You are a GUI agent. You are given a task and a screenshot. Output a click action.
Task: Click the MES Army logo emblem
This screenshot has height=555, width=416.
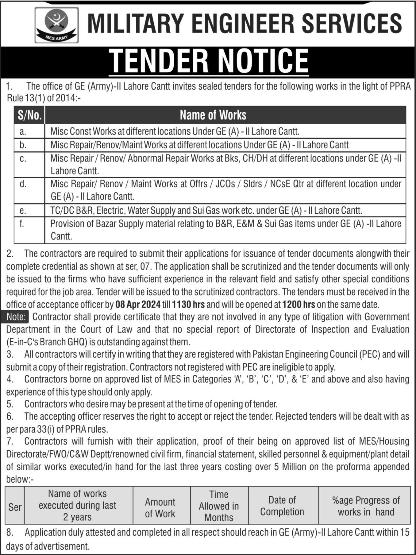click(56, 25)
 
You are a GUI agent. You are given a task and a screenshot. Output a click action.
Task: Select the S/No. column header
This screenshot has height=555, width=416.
click(29, 115)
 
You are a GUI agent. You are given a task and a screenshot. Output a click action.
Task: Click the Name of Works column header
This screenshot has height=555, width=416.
click(213, 115)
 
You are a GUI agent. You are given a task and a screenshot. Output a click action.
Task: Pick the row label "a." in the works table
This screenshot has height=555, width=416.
click(23, 131)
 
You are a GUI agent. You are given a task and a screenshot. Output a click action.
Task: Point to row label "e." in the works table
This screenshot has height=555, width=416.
click(23, 211)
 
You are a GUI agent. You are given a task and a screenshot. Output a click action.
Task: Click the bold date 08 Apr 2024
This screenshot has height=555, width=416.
click(138, 305)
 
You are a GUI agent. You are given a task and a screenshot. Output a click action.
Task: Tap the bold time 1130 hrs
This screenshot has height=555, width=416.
click(188, 305)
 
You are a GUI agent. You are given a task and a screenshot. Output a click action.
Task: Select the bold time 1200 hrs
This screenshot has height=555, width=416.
click(299, 305)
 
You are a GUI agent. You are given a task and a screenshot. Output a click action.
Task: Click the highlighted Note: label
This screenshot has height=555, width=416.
click(17, 317)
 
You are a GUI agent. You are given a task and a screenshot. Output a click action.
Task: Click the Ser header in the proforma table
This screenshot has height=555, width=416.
click(15, 507)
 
